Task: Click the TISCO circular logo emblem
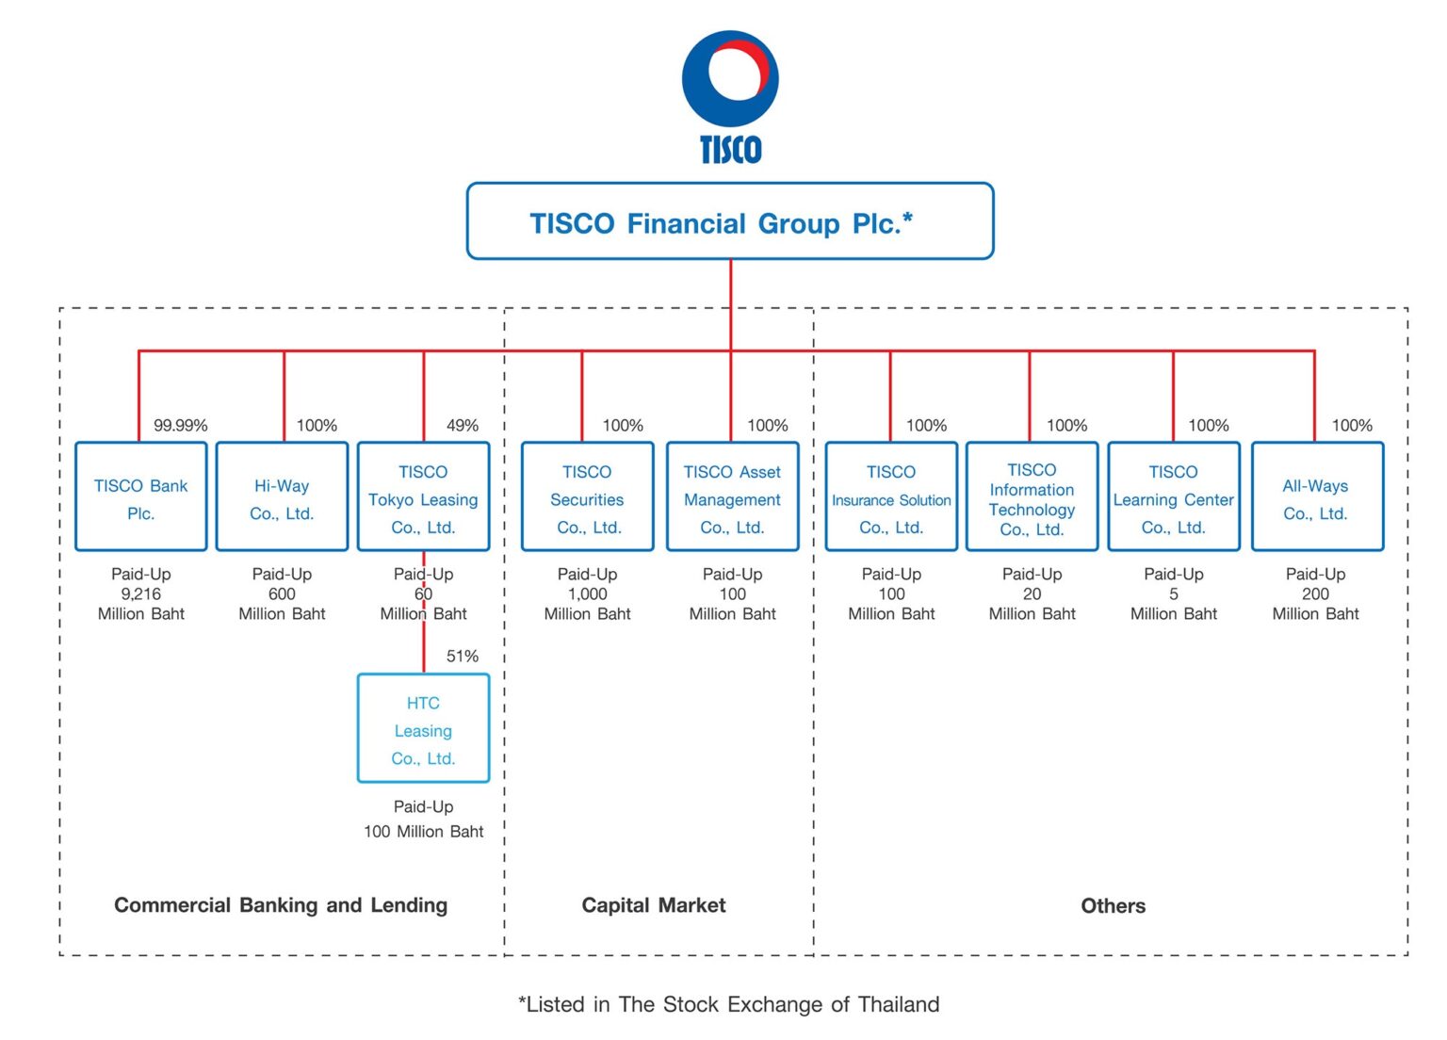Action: [731, 78]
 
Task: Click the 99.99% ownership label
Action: [180, 426]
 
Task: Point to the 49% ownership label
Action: [463, 426]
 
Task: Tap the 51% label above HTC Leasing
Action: [463, 657]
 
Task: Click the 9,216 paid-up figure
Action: [140, 594]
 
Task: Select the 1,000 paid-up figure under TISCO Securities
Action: [587, 594]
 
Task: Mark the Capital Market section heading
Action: [654, 905]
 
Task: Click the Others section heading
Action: [1113, 906]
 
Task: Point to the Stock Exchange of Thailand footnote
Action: [728, 1005]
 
